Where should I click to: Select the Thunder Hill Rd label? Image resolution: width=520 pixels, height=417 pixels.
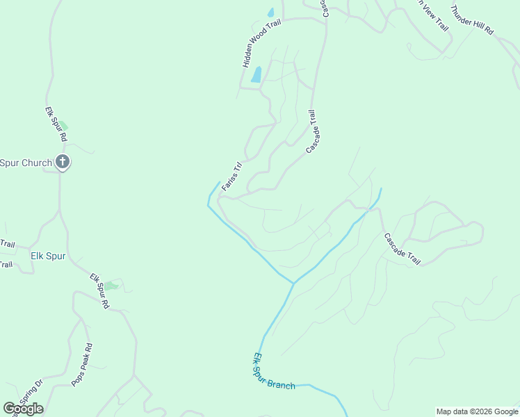[x=471, y=20]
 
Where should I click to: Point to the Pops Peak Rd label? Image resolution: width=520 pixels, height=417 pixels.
[x=81, y=366]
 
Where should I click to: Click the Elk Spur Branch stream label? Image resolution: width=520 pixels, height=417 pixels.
[x=273, y=373]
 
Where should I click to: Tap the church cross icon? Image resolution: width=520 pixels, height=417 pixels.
[x=62, y=163]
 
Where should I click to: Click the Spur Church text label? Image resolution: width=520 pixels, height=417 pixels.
[x=26, y=163]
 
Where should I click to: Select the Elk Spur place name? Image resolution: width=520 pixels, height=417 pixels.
[x=48, y=256]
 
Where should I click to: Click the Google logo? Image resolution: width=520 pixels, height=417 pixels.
[x=23, y=409]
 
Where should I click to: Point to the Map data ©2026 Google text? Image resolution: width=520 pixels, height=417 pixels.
[x=476, y=411]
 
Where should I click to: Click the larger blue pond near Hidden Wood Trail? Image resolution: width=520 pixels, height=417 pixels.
[x=257, y=74]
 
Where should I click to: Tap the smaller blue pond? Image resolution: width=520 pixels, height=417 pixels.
[x=270, y=13]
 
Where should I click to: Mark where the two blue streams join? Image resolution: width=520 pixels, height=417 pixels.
[x=293, y=284]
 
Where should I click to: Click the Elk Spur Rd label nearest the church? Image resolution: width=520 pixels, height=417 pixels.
[x=56, y=124]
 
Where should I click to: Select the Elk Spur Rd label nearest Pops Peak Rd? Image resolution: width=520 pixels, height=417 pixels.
[x=99, y=291]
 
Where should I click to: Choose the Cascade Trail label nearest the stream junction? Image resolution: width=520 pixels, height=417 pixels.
[x=403, y=248]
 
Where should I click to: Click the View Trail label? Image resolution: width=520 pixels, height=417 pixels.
[x=432, y=15]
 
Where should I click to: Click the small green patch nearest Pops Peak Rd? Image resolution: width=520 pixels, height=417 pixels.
[x=111, y=285]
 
